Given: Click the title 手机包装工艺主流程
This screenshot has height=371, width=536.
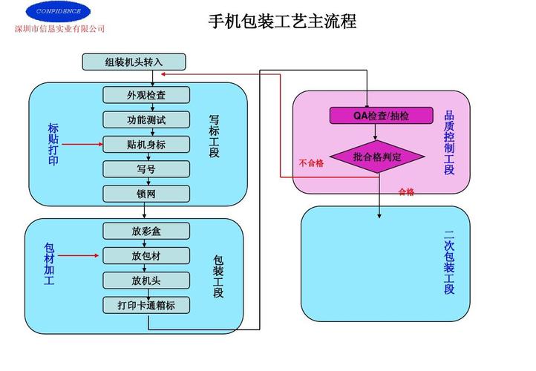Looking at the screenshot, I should (x=282, y=22).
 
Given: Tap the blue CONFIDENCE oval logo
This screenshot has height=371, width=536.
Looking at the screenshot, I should (x=58, y=11).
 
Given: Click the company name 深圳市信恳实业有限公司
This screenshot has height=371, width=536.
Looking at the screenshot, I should (x=60, y=29).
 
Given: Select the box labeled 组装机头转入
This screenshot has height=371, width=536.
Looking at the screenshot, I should (x=134, y=62).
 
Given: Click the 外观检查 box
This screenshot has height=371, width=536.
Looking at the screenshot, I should (x=146, y=94).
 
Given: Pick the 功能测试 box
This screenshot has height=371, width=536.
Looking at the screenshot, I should (x=146, y=119).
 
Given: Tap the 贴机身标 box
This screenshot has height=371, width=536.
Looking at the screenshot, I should (x=146, y=144).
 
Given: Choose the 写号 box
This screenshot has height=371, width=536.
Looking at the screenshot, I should (x=146, y=169).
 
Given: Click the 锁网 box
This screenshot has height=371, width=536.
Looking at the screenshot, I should (x=146, y=194).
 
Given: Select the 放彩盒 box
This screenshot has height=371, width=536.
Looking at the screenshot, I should (x=146, y=231).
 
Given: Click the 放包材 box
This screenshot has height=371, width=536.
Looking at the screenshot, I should (x=146, y=256).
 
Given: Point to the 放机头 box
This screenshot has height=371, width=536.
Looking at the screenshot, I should (x=146, y=280).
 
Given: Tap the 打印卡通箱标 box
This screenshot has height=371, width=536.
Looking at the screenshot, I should (x=146, y=305).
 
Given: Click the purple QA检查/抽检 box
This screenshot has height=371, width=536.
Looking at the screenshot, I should (x=376, y=115).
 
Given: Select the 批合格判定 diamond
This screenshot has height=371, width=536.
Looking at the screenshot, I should (x=376, y=157).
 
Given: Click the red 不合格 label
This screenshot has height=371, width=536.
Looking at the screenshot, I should (x=311, y=162).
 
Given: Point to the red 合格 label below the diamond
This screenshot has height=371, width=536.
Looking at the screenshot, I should (x=406, y=192).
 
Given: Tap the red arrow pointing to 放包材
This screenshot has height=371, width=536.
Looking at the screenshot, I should (x=81, y=256).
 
